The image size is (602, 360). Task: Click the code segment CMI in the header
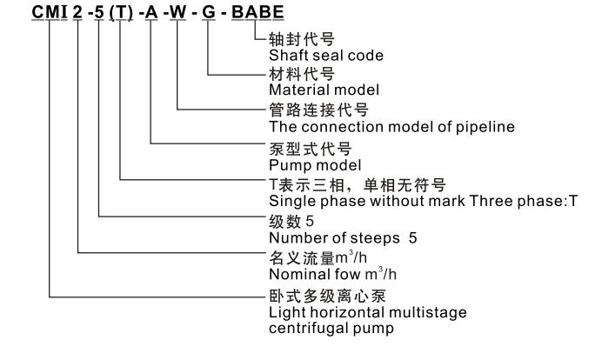(x=50, y=14)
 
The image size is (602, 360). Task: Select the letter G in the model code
(x=207, y=14)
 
